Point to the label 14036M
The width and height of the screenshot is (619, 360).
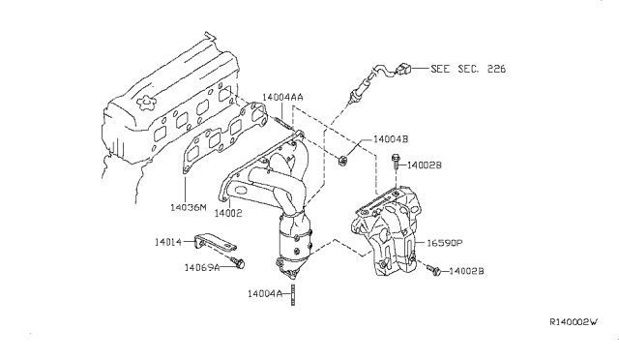point(189,206)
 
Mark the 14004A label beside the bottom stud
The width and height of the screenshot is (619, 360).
point(265,293)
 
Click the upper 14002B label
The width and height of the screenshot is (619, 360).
point(427,166)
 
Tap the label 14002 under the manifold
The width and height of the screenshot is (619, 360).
point(227,211)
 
